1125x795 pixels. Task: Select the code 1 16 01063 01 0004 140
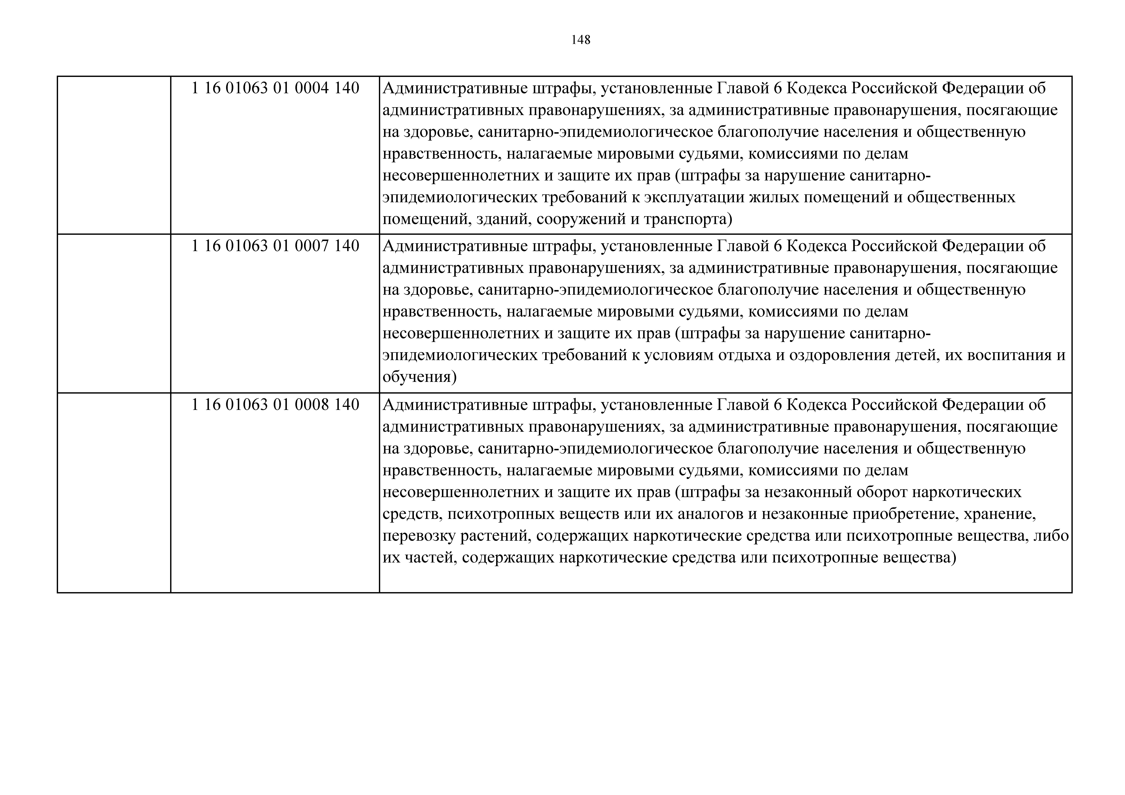click(275, 88)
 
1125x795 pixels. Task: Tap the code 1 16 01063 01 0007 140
click(275, 246)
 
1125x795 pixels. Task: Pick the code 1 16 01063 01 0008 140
click(275, 405)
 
